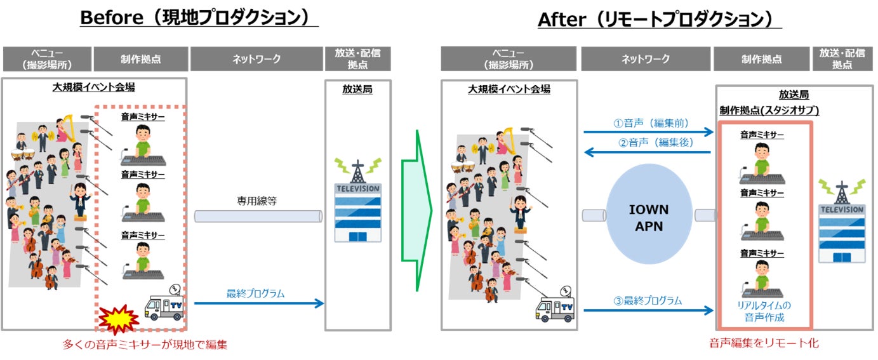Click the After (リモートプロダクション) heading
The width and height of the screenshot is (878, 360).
pos(659,19)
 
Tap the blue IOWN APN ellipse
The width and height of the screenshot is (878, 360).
pos(648,218)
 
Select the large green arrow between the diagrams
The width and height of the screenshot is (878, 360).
pos(416,211)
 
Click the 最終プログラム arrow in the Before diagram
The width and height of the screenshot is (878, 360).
pos(258,303)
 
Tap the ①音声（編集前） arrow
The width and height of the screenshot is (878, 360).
pos(648,132)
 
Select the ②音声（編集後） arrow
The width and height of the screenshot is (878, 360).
pos(648,152)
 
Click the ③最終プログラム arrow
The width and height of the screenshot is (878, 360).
pos(648,310)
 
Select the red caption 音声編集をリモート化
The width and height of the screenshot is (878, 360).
pos(764,343)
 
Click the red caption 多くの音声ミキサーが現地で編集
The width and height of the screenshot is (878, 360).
pos(145,345)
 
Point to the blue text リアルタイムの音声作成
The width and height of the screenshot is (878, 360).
pos(764,311)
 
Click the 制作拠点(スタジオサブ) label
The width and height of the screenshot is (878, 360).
pos(769,110)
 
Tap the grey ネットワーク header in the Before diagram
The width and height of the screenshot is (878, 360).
pos(256,59)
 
